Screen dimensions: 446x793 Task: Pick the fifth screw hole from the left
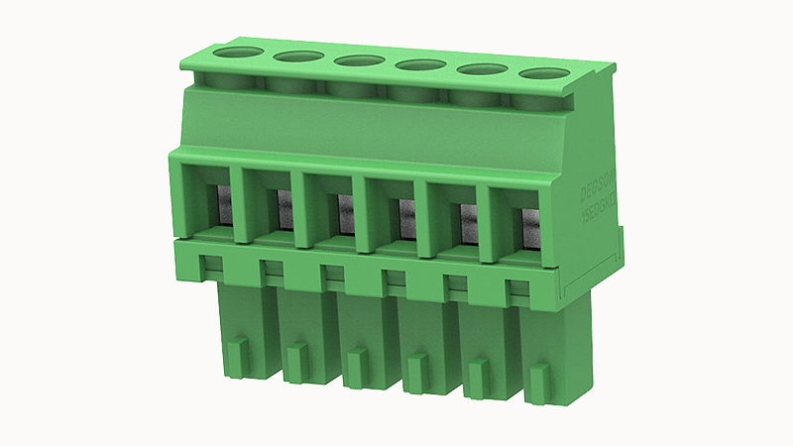click(x=482, y=69)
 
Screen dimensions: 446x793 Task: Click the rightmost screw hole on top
click(x=543, y=74)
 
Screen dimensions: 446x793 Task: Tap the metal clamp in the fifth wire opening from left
click(x=468, y=220)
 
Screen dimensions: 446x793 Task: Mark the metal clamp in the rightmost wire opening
click(x=530, y=225)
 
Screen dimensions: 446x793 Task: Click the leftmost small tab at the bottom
click(x=238, y=352)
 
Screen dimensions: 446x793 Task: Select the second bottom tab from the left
click(x=294, y=359)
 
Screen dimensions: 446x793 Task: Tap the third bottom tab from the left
click(x=354, y=365)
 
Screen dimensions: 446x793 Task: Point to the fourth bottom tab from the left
click(x=415, y=371)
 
